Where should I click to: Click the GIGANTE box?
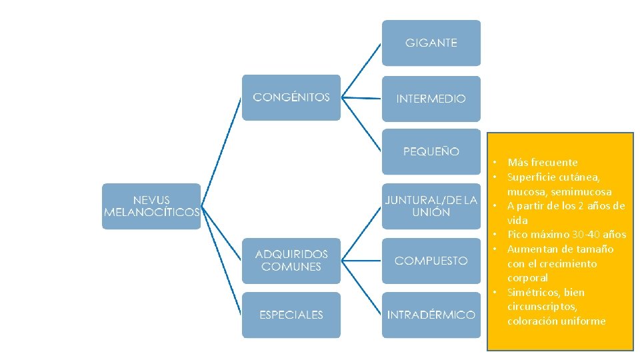431,43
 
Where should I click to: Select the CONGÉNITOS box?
291,97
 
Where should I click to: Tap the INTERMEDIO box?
431,98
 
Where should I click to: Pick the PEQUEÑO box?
431,151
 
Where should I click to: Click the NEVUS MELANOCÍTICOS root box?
151,206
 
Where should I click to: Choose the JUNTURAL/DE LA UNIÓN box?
431,206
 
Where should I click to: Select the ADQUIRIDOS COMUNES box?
291,261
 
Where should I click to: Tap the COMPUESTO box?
431,261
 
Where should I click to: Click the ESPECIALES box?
291,315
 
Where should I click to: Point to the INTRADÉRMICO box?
431,315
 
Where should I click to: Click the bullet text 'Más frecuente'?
542,162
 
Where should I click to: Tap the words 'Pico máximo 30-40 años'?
566,235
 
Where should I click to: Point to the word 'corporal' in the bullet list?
527,277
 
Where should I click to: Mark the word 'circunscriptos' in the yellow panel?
541,307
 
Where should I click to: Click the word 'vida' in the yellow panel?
517,220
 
